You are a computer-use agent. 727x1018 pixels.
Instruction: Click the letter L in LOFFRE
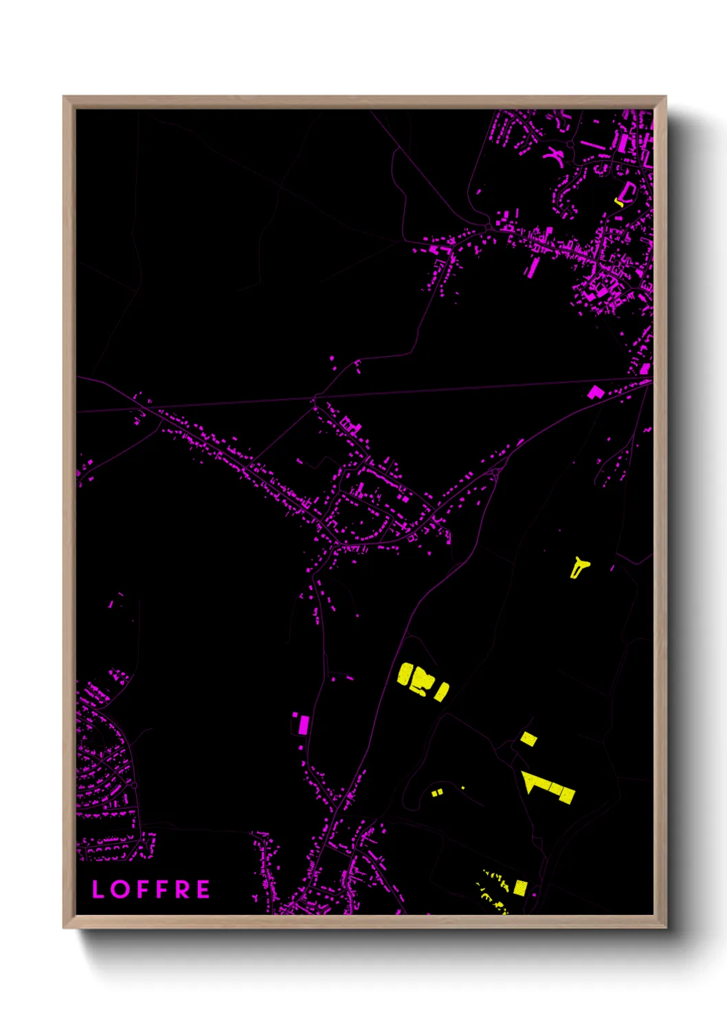[x=98, y=889]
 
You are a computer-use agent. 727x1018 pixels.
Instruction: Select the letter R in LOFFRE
[x=182, y=889]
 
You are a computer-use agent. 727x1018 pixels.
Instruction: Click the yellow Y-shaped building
[x=579, y=567]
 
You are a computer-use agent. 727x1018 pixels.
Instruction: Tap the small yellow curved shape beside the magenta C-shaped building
[x=618, y=202]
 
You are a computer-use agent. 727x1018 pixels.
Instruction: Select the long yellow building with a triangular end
[x=548, y=787]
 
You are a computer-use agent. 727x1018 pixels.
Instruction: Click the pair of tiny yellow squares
[x=437, y=792]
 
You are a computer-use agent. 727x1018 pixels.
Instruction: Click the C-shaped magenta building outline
[x=627, y=191]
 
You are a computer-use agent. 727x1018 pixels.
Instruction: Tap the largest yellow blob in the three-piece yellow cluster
[x=414, y=677]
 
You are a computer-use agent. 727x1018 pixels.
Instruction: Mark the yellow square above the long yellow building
[x=528, y=739]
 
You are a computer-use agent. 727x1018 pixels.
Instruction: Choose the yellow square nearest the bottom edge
[x=520, y=887]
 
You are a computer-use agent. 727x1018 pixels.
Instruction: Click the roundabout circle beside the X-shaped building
[x=570, y=145]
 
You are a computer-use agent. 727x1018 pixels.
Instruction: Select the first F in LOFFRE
[x=142, y=889]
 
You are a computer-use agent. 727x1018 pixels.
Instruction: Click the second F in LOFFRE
[x=161, y=889]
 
